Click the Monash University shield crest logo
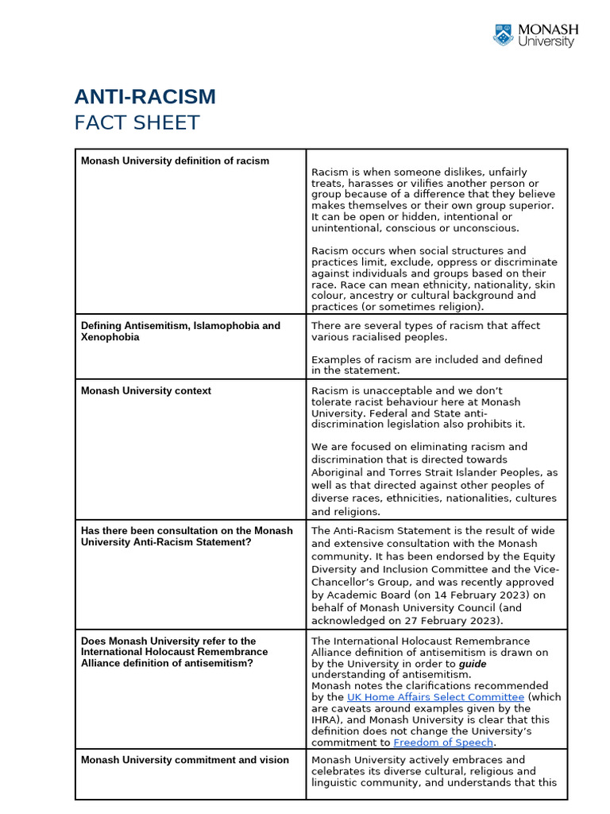pos(504,35)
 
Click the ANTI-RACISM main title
pos(145,97)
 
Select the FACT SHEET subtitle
pos(137,123)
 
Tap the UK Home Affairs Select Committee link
pos(435,697)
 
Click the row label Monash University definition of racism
pos(175,161)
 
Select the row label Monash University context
pos(145,391)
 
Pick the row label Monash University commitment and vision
pos(185,760)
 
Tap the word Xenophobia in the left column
pos(110,337)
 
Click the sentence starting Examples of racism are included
pos(427,360)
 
